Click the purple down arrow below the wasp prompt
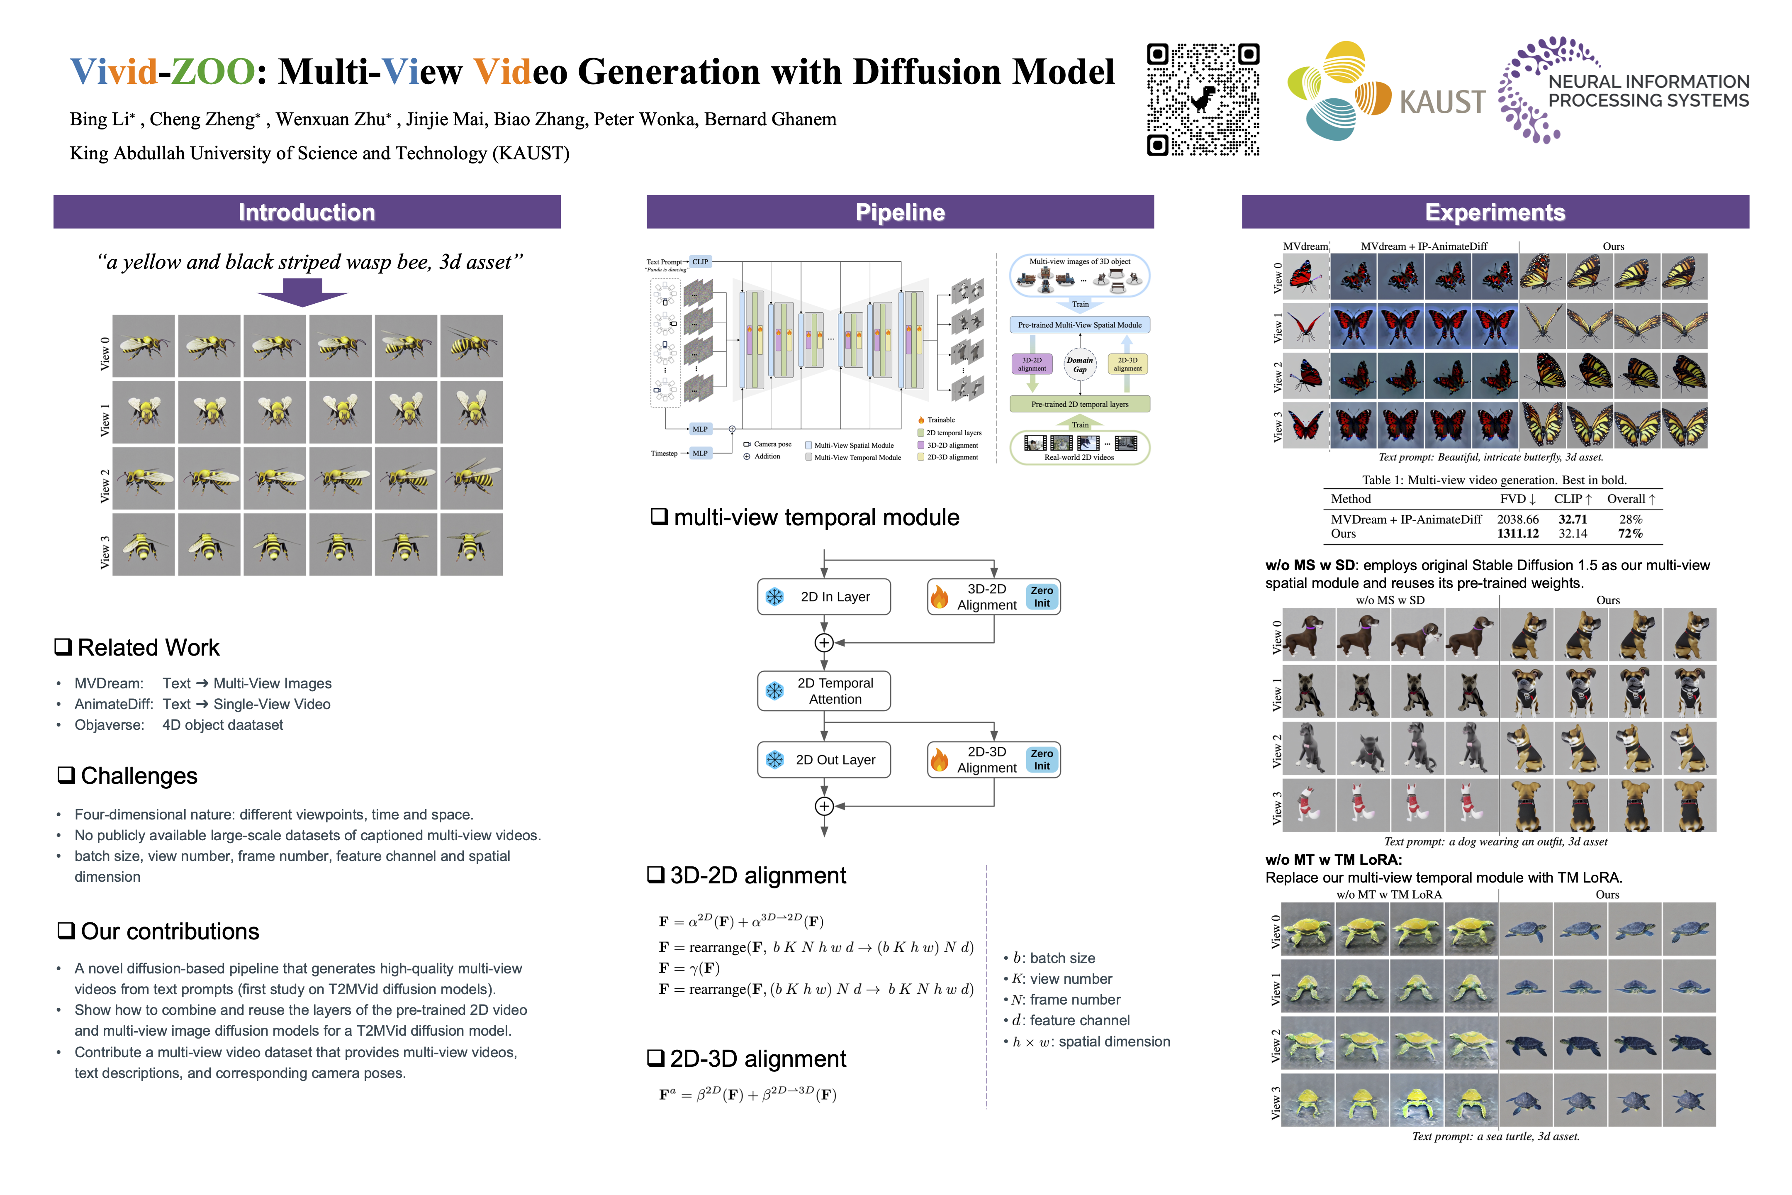tap(302, 292)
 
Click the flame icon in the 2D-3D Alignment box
tap(940, 760)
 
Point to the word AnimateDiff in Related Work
tap(113, 704)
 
